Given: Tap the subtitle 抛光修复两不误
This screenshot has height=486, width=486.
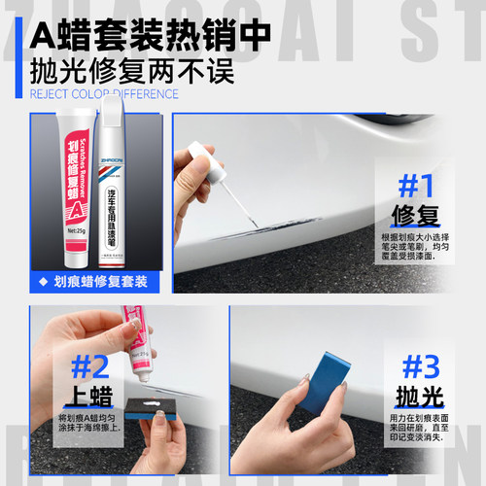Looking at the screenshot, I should pyautogui.click(x=106, y=74).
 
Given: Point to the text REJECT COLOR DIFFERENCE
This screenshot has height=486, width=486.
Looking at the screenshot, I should pyautogui.click(x=104, y=94).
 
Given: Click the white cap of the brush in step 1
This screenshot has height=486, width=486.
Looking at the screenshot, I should pyautogui.click(x=202, y=156).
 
